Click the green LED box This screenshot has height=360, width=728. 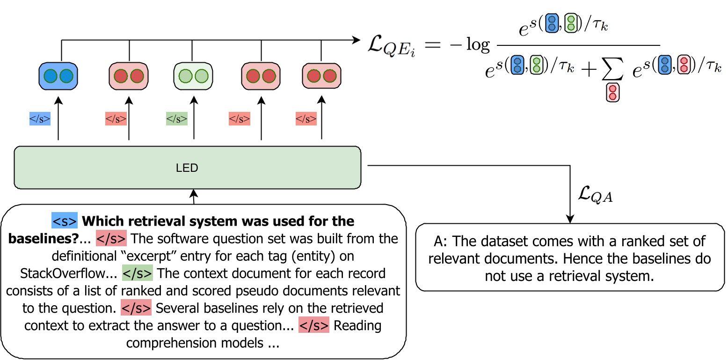tap(187, 168)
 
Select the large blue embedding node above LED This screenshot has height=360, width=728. tap(58, 76)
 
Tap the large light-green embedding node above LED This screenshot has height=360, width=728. tap(193, 76)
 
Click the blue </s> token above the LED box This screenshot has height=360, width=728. tap(40, 119)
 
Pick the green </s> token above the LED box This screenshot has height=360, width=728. tap(176, 119)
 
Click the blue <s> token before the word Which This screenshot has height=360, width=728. tap(64, 220)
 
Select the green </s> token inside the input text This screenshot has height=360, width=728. tap(137, 272)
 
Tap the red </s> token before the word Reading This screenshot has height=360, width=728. tap(314, 325)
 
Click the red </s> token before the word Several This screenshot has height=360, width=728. tap(136, 308)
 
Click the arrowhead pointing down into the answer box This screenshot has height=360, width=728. tap(570, 218)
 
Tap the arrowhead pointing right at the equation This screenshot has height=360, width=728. tap(358, 41)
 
